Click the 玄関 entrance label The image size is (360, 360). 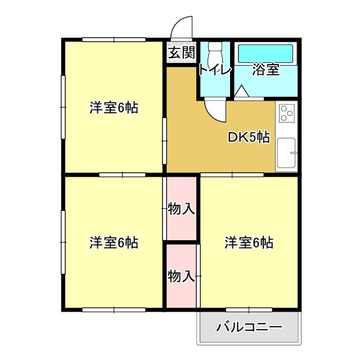pos(181,53)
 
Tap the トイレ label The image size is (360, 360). pos(214,70)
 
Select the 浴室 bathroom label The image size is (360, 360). pos(265,70)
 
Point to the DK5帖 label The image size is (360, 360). pos(248,137)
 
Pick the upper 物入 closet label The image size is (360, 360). pos(181,209)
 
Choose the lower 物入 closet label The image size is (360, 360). pos(181,276)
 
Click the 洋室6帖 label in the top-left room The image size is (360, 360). pos(114,107)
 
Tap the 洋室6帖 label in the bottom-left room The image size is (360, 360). pos(114,243)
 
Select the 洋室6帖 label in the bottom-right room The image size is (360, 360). pos(249,243)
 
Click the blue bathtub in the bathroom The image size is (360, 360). pos(265,54)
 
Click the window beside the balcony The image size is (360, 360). pos(249,309)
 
